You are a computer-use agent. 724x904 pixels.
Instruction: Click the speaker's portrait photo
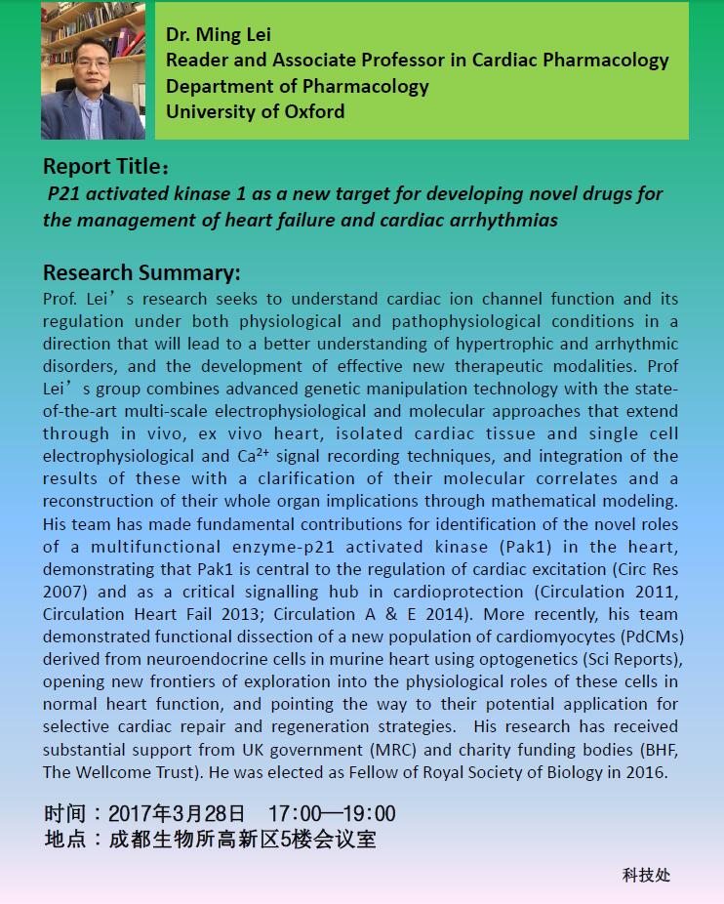93,71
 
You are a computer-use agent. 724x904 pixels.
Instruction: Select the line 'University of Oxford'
255,111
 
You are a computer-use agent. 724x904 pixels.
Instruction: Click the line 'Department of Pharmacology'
297,86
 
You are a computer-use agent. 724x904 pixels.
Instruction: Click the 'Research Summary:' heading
141,272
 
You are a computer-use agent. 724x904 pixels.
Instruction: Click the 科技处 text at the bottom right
646,875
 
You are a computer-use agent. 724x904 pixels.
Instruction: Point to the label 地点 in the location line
64,839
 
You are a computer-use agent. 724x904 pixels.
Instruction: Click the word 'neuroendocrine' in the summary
168,659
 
